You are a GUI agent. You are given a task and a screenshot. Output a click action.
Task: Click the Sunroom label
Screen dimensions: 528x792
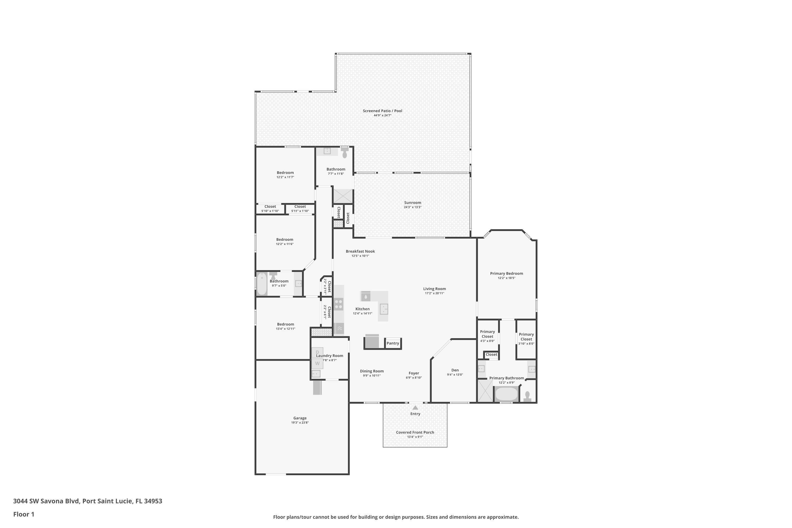pyautogui.click(x=412, y=203)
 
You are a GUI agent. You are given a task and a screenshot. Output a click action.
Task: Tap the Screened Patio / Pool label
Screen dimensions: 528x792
pyautogui.click(x=382, y=111)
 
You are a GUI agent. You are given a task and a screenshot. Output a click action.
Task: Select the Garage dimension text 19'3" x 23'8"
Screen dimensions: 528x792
pyautogui.click(x=300, y=423)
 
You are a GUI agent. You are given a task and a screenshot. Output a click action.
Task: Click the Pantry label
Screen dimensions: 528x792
pyautogui.click(x=393, y=343)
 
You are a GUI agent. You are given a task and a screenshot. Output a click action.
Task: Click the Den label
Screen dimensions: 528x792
pyautogui.click(x=455, y=370)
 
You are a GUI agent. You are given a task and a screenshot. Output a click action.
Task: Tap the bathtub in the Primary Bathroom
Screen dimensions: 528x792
pyautogui.click(x=506, y=394)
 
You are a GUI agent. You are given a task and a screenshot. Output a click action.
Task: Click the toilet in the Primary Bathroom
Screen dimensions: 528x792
pyautogui.click(x=527, y=396)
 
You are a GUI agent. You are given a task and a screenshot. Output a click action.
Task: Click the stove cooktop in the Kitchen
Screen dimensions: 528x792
pyautogui.click(x=339, y=304)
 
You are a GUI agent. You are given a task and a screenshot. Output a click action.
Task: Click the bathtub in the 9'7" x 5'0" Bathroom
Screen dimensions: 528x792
pyautogui.click(x=262, y=284)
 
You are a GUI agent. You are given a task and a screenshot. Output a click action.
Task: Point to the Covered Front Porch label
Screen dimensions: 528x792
pyautogui.click(x=415, y=432)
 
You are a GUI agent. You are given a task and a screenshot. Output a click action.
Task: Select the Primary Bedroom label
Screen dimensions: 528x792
pyautogui.click(x=506, y=274)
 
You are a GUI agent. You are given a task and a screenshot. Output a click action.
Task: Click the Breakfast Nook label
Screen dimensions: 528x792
pyautogui.click(x=360, y=251)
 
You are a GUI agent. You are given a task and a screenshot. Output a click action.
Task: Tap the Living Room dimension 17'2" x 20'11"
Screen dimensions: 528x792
pyautogui.click(x=434, y=293)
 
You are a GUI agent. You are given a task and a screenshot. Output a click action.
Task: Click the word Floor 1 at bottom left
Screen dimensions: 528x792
pyautogui.click(x=23, y=514)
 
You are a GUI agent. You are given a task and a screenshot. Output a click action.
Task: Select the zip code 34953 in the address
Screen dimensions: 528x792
pyautogui.click(x=153, y=501)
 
